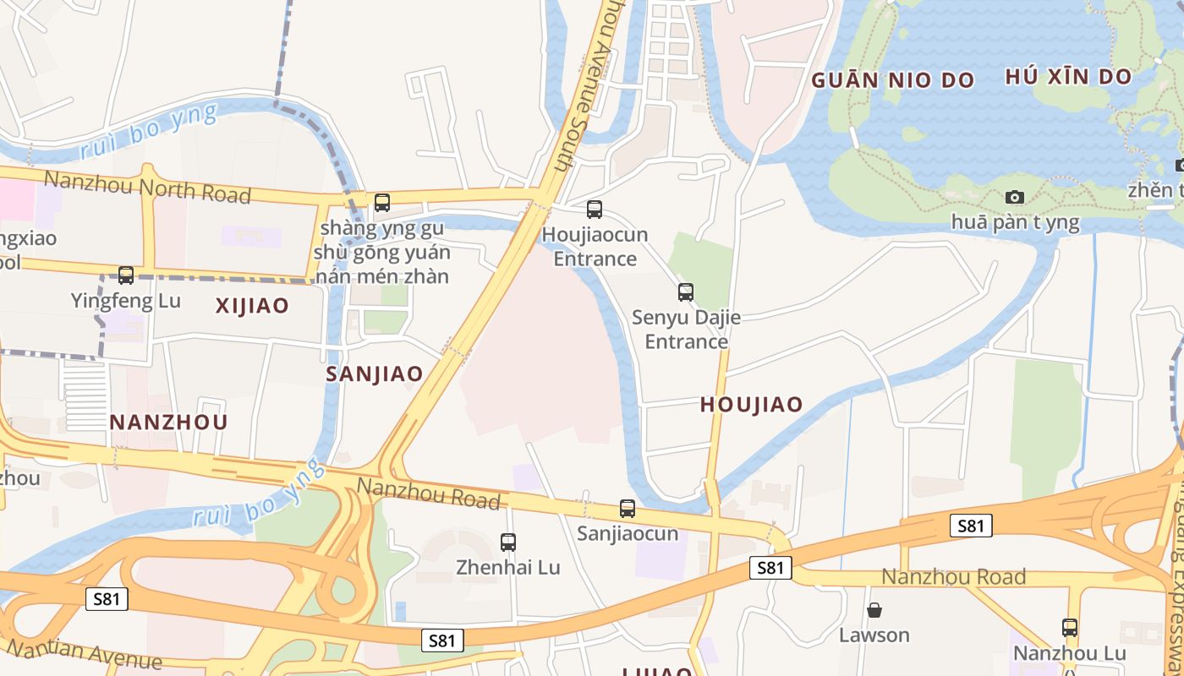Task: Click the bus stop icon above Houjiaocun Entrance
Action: click(x=595, y=209)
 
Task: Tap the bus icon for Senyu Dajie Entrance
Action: click(x=686, y=292)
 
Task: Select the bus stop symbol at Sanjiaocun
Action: click(x=627, y=509)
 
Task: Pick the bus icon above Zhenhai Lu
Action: click(x=508, y=542)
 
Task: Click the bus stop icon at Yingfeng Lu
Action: click(x=126, y=275)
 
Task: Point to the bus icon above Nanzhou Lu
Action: click(x=1070, y=628)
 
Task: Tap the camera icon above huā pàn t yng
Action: click(x=1015, y=197)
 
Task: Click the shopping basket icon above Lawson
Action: click(x=874, y=609)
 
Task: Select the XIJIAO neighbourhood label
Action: click(x=252, y=306)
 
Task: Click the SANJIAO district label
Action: click(x=374, y=374)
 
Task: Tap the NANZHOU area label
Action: click(x=168, y=422)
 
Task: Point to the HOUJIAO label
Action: click(x=751, y=405)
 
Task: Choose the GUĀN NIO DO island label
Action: click(x=892, y=81)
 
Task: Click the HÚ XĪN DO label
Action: click(x=1068, y=77)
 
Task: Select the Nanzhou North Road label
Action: click(x=147, y=187)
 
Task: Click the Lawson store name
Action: click(x=874, y=635)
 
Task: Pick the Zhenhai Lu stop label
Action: click(x=508, y=567)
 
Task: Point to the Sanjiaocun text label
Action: click(x=628, y=533)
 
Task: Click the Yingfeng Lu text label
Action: click(x=126, y=300)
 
